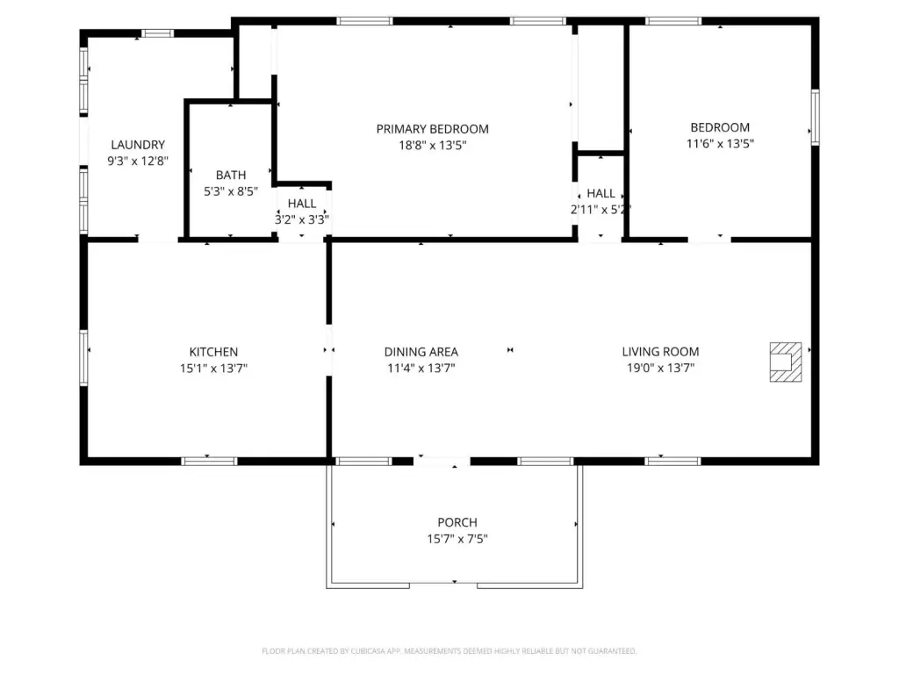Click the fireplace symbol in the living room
(x=786, y=362)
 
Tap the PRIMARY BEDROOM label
(x=432, y=129)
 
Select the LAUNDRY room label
(x=138, y=145)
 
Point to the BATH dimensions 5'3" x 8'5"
(x=231, y=191)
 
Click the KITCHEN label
(x=213, y=352)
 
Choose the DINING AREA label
(x=421, y=352)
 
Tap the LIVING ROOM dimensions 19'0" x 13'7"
(x=660, y=368)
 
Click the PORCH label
(x=457, y=523)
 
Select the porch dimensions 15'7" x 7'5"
(x=457, y=539)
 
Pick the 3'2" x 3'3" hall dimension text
(x=302, y=219)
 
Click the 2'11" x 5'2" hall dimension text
(x=601, y=210)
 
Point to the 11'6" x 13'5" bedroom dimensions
(x=720, y=144)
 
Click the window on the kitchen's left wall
(x=83, y=358)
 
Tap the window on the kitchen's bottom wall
(x=209, y=462)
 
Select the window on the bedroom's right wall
(x=815, y=117)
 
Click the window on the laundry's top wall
(x=158, y=33)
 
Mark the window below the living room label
(x=672, y=462)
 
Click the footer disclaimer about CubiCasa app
(x=449, y=651)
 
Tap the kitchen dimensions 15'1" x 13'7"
(x=213, y=368)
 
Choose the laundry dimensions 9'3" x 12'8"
(x=138, y=161)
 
